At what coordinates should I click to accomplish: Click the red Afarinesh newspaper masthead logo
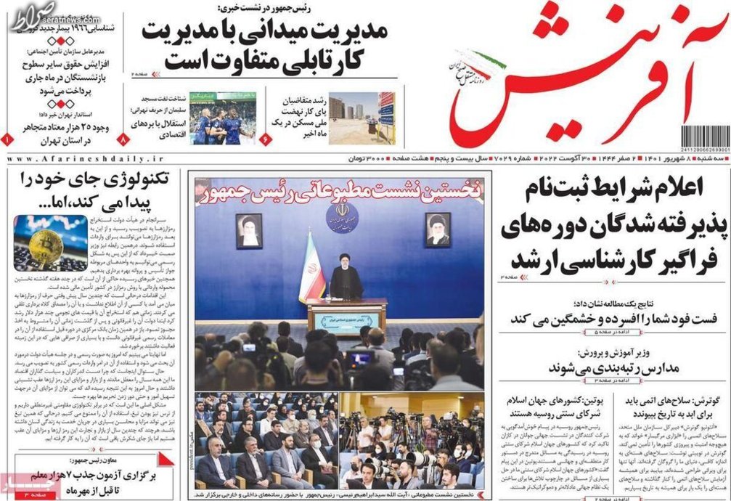click(x=581, y=80)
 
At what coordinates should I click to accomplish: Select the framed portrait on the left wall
click(x=249, y=231)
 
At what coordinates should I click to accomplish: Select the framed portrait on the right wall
click(x=438, y=229)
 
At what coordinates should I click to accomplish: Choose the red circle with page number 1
click(x=7, y=138)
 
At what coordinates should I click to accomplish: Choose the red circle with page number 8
click(x=124, y=138)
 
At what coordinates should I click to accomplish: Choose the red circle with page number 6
click(x=264, y=138)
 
